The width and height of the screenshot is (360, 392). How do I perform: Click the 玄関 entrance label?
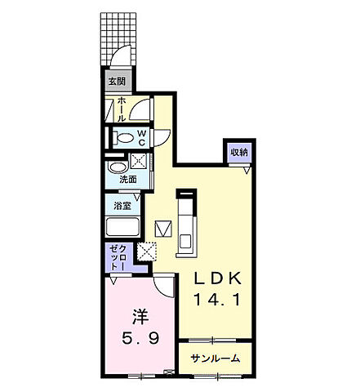117,81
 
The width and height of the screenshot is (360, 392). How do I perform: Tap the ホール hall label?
122,109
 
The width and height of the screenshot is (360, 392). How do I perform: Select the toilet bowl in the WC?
123,138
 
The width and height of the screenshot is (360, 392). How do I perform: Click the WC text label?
142,138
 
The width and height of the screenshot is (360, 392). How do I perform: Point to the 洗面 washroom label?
128,180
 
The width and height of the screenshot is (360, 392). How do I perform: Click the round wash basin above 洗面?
118,167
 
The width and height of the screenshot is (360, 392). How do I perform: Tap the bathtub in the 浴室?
122,227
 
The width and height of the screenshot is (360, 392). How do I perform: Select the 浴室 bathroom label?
122,206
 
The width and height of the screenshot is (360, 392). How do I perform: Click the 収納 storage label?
239,153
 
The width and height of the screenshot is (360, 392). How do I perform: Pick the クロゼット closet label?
118,257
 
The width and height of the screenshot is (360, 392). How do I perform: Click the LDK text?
217,278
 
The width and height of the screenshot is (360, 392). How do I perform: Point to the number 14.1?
217,300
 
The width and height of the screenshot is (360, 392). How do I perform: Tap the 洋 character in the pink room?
140,317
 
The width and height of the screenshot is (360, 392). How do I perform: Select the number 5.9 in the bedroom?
140,338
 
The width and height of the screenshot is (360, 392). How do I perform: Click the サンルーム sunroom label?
216,359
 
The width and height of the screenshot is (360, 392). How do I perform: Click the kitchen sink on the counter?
185,242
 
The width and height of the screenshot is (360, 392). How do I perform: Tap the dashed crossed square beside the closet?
146,252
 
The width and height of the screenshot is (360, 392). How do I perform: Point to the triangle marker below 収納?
247,171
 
